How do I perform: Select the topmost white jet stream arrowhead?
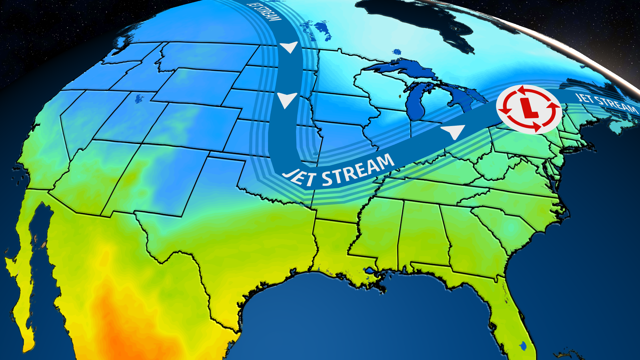tap(289, 47)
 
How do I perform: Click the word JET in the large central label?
tap(299, 177)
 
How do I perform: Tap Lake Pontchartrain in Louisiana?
tap(370, 271)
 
